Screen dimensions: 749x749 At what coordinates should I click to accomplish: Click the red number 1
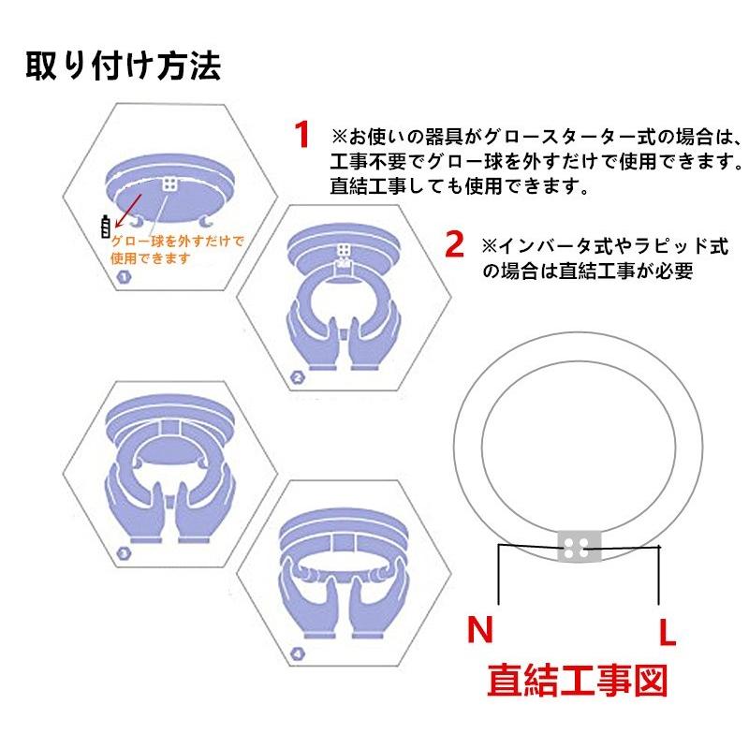[x=301, y=134]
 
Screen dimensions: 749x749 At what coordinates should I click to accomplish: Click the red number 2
[x=454, y=245]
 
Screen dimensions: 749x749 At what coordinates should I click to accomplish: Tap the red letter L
[x=666, y=633]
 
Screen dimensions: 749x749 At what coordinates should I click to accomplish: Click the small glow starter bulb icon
[x=105, y=227]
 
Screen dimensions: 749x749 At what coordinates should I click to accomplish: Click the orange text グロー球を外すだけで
[x=177, y=241]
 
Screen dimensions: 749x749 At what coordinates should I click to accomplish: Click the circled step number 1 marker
[x=122, y=277]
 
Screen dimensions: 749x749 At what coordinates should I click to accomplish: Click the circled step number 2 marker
[x=298, y=378]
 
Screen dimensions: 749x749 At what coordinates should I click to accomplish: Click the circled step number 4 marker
[x=297, y=653]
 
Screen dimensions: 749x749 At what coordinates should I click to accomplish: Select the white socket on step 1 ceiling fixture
[x=170, y=185]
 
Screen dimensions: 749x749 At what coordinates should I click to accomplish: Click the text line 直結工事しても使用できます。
[x=459, y=185]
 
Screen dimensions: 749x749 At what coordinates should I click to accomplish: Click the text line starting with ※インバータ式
[x=604, y=246]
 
